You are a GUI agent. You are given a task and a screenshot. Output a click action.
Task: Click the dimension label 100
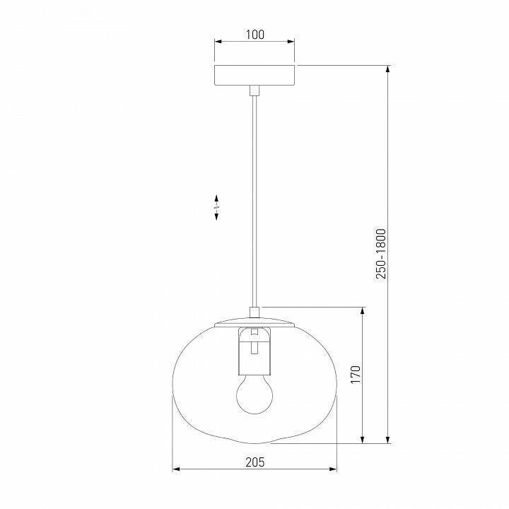[x=255, y=35]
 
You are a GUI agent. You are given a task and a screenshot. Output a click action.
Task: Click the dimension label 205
[x=255, y=462]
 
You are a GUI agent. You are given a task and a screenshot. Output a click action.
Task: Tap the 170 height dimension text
[x=356, y=375]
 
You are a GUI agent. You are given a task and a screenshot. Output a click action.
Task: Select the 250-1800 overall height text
[x=381, y=254]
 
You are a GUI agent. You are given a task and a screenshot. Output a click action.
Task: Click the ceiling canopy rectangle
[x=255, y=75]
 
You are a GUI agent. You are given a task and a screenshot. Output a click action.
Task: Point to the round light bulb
[x=255, y=394]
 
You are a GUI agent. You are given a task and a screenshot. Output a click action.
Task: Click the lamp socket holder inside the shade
[x=255, y=351]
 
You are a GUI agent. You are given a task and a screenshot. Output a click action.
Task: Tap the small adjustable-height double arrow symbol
[x=216, y=207]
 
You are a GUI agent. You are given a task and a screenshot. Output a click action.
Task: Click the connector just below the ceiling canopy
[x=255, y=90]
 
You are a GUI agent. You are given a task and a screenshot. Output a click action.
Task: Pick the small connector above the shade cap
[x=255, y=312]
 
